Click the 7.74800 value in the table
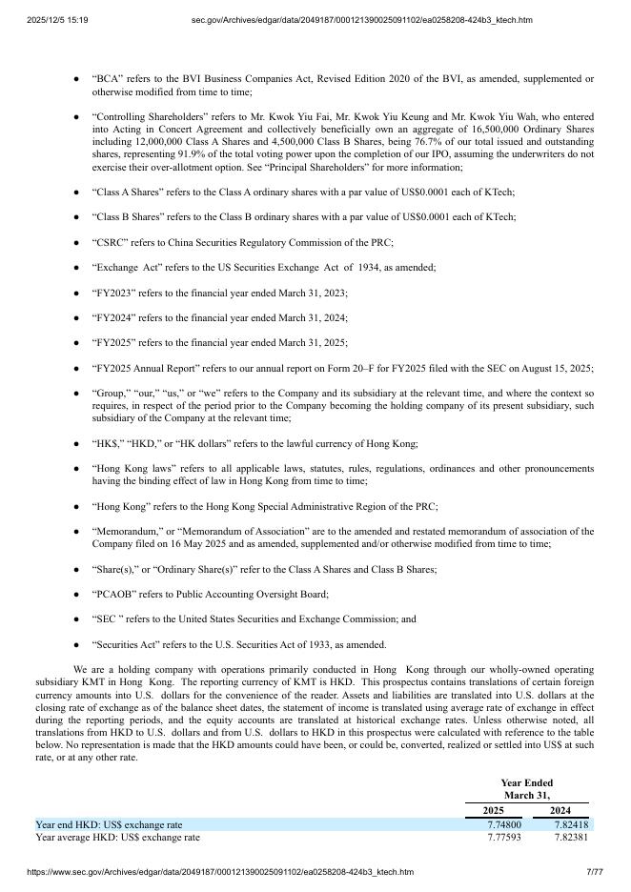(x=504, y=824)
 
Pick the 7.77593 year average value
(x=504, y=838)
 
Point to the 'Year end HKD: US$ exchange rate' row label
(x=109, y=824)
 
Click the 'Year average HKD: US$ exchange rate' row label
(x=117, y=838)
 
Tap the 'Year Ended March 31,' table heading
(x=526, y=788)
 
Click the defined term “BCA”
(x=107, y=78)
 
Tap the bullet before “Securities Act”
(x=76, y=644)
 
